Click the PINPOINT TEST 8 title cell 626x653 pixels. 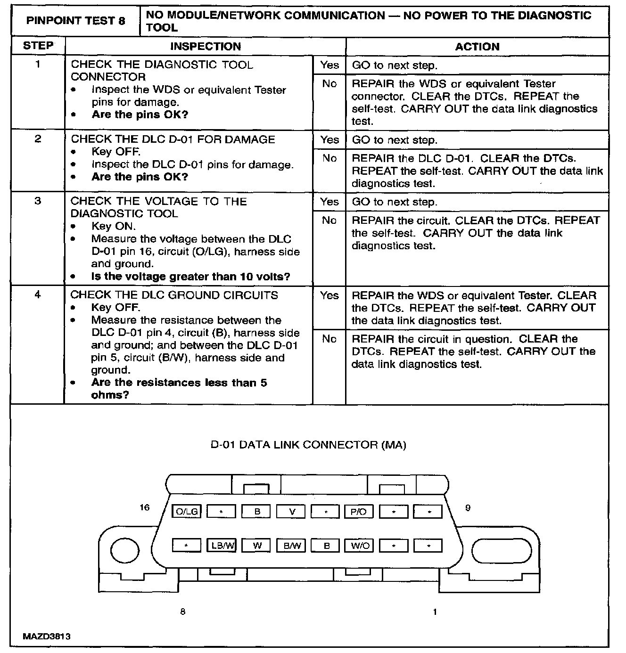(x=75, y=21)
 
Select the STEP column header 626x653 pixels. (x=38, y=46)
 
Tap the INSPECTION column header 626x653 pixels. (x=206, y=46)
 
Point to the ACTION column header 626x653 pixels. (x=477, y=46)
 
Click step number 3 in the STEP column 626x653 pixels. (x=38, y=201)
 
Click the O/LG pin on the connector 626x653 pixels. (x=187, y=511)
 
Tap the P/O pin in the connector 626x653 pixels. (x=358, y=512)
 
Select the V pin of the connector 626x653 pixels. (x=291, y=512)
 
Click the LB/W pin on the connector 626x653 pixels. (x=222, y=545)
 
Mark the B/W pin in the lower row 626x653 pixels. (x=291, y=546)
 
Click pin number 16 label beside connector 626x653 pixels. (x=145, y=507)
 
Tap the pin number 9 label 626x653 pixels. (x=468, y=508)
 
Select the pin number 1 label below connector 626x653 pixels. (x=435, y=612)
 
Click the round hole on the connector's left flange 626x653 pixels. (x=124, y=550)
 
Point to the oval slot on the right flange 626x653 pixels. (x=502, y=551)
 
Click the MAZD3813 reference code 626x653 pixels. (x=47, y=637)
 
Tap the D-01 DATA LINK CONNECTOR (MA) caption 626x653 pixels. (x=308, y=445)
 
